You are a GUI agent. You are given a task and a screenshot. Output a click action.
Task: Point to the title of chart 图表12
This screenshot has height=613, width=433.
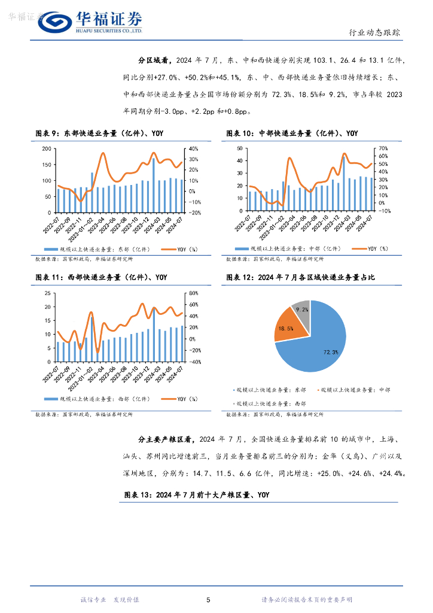click(x=304, y=278)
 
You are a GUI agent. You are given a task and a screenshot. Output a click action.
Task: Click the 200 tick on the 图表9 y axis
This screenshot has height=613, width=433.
click(x=46, y=148)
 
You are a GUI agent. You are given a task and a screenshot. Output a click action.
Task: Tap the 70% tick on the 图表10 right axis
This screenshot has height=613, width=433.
click(x=383, y=148)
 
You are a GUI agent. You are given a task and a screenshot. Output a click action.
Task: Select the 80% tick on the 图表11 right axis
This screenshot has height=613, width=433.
click(x=193, y=293)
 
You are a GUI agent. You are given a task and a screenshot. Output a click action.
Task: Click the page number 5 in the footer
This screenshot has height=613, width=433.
click(x=208, y=600)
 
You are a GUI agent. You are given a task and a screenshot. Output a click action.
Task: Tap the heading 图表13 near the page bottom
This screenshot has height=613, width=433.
click(x=197, y=495)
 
